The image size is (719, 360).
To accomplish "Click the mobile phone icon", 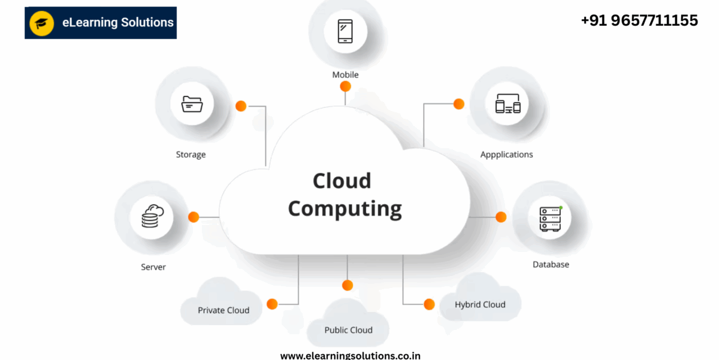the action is [345, 31].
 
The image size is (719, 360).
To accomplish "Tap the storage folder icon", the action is [192, 104].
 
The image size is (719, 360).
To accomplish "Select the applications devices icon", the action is [508, 103].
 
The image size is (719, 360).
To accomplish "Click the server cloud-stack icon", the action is [152, 216].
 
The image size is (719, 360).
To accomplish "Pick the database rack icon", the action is [550, 219].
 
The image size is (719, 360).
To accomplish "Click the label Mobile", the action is [345, 75].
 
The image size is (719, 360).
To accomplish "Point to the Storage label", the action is [191, 155].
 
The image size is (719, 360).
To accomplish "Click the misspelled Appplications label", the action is [506, 155].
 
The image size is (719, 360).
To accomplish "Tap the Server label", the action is [153, 267].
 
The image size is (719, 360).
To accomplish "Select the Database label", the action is [551, 265].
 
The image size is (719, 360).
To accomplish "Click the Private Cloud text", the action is [223, 310].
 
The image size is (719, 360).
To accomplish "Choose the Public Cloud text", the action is [348, 330].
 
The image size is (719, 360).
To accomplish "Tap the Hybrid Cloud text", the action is [480, 304].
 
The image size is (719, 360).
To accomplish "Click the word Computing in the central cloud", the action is [345, 209].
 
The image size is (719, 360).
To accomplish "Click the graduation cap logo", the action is [42, 23].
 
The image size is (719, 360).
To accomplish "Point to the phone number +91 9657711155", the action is [639, 20].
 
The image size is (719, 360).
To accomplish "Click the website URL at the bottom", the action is [350, 355].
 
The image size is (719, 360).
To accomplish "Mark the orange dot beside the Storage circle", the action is [241, 106].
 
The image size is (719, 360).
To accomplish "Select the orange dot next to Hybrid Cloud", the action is [429, 304].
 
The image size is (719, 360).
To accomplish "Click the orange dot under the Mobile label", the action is [345, 86].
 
